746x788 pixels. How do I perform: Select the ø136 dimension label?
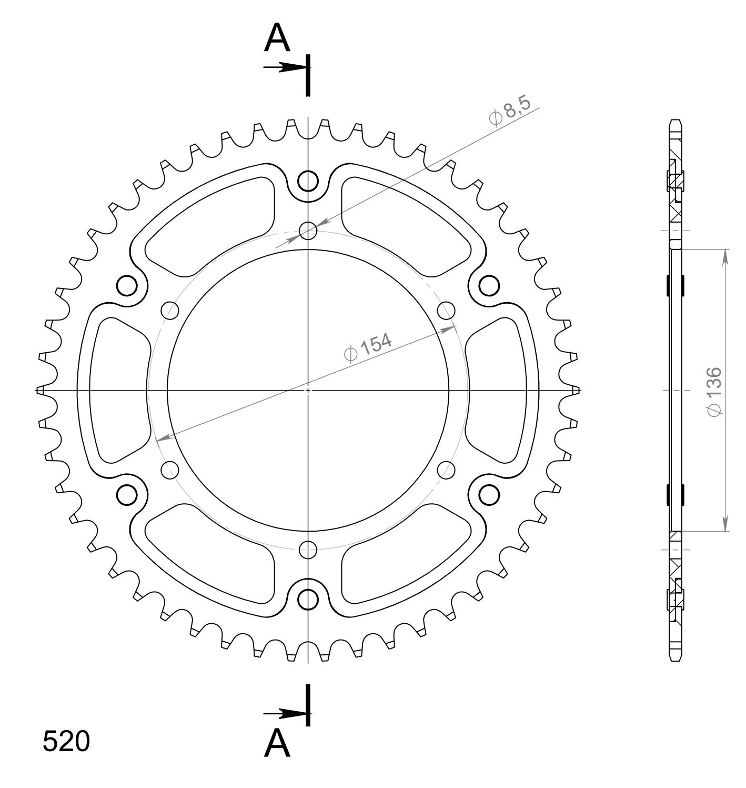coord(714,392)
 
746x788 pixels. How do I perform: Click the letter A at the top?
coord(277,38)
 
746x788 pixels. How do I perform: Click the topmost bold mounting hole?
coord(308,181)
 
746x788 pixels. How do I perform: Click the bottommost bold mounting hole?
coord(308,599)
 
